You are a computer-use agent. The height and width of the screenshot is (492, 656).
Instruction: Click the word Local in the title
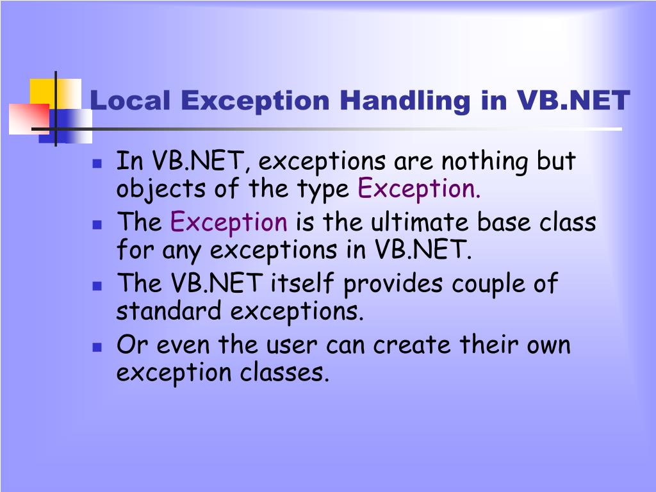(130, 101)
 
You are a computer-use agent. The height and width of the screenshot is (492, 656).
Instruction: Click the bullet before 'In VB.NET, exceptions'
(97, 163)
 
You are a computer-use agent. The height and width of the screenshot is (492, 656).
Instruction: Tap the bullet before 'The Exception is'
(97, 225)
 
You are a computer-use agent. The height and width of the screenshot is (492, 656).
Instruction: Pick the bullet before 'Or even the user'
(97, 347)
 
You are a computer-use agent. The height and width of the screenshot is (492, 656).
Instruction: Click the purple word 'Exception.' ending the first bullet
(418, 190)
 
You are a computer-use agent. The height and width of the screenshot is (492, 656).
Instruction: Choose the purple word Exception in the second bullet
(229, 223)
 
